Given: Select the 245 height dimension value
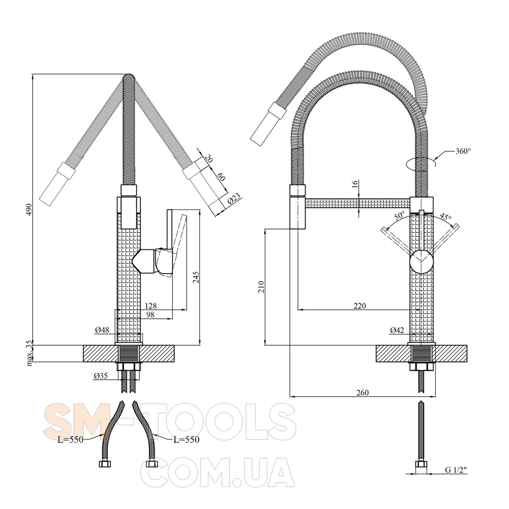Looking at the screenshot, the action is (x=196, y=277).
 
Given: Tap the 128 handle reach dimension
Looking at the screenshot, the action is (x=151, y=305).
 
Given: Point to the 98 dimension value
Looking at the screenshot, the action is (x=149, y=315).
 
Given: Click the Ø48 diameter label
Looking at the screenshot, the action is (x=102, y=330).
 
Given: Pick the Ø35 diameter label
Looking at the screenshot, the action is (x=101, y=376).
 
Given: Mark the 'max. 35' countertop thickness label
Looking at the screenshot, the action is (x=29, y=353).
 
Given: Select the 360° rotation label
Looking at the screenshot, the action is (x=463, y=151).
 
